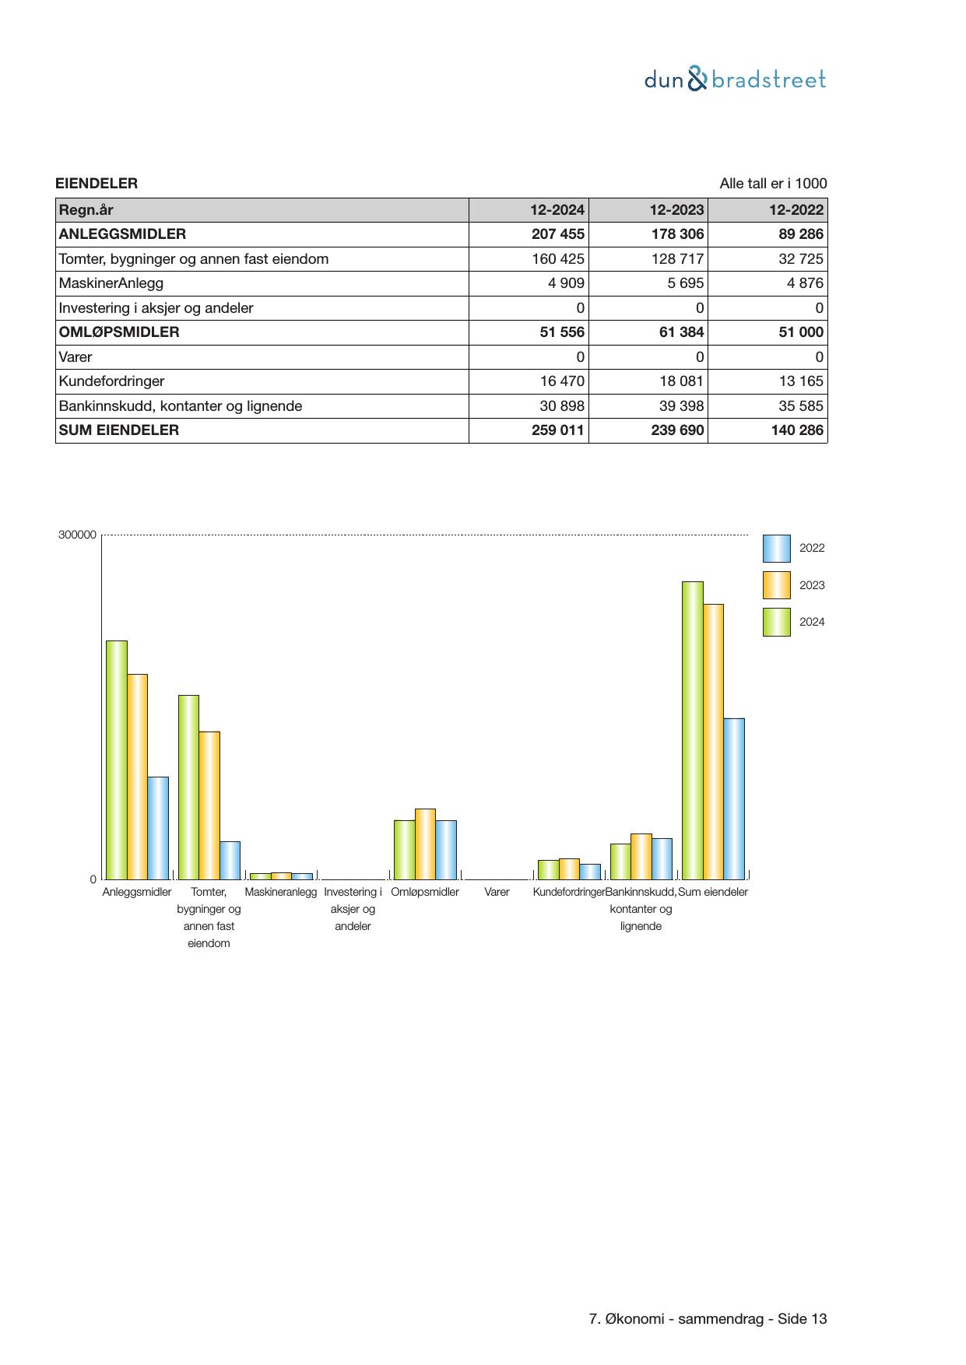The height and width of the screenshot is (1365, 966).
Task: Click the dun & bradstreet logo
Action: pyautogui.click(x=735, y=80)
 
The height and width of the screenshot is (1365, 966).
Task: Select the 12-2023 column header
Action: pyautogui.click(x=676, y=210)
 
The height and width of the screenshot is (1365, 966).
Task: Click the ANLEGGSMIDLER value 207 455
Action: pyautogui.click(x=557, y=234)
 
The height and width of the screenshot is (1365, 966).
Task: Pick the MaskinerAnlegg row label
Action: pyautogui.click(x=111, y=283)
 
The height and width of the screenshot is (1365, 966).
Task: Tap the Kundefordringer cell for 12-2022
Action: pyautogui.click(x=800, y=381)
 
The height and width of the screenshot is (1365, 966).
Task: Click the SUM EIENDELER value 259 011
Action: pyautogui.click(x=557, y=430)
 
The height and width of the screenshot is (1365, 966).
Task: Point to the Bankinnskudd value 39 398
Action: pyautogui.click(x=677, y=406)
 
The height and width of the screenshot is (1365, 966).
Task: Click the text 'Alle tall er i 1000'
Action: pyautogui.click(x=772, y=184)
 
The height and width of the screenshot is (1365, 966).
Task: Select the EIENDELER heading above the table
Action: pyautogui.click(x=97, y=184)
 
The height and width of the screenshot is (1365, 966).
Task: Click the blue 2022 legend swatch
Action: pyautogui.click(x=776, y=549)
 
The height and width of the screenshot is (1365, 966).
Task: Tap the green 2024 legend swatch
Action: pyautogui.click(x=776, y=623)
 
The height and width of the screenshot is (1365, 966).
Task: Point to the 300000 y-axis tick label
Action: pyautogui.click(x=77, y=535)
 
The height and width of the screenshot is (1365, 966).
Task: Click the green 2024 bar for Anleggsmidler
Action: pyautogui.click(x=117, y=760)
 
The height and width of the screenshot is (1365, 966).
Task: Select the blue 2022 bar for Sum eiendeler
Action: pyautogui.click(x=733, y=798)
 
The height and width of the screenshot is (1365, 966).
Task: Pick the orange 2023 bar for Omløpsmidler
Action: pyautogui.click(x=425, y=844)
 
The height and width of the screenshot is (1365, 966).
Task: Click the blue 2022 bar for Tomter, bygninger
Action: pyautogui.click(x=230, y=860)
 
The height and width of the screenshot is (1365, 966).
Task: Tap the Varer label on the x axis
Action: pyautogui.click(x=497, y=892)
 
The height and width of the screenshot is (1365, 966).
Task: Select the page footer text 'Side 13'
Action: pyautogui.click(x=802, y=1319)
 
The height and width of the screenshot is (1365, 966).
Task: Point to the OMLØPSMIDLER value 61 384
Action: pyautogui.click(x=677, y=332)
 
